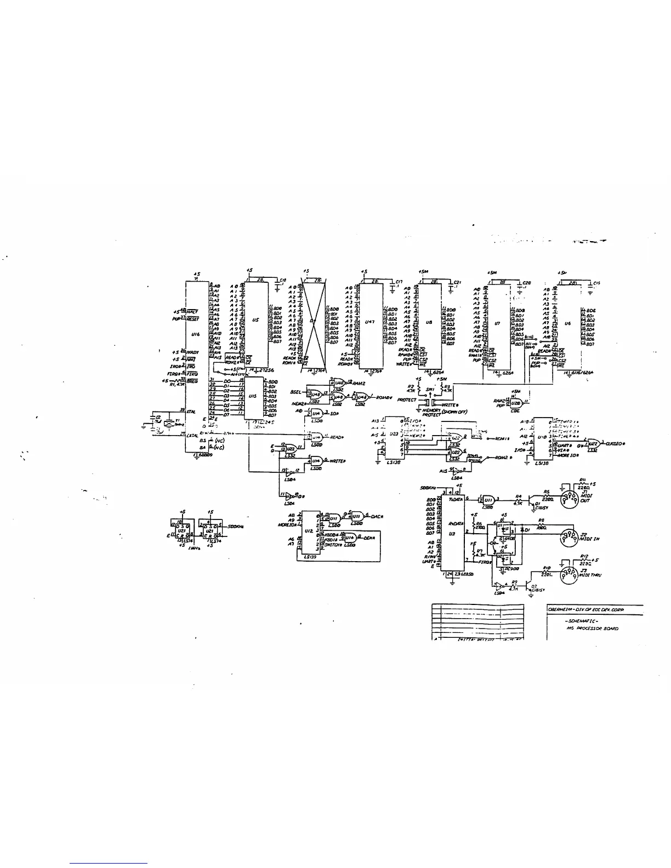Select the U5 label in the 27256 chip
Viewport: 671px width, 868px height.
coord(255,322)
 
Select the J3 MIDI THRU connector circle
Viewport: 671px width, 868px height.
coord(567,575)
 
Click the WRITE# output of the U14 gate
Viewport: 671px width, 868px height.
coord(336,461)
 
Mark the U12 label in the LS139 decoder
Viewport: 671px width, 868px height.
coord(308,530)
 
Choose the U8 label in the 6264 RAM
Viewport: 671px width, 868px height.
coord(429,323)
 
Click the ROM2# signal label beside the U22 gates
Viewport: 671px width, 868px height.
coord(502,458)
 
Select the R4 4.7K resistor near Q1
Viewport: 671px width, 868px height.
coord(518,498)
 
